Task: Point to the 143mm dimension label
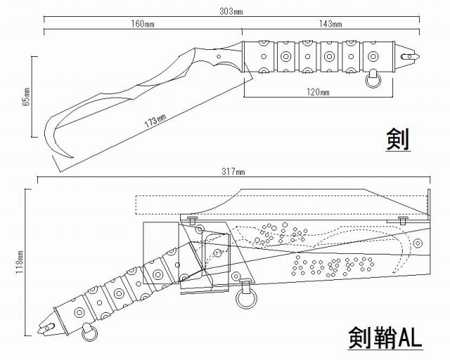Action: [x=331, y=24]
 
